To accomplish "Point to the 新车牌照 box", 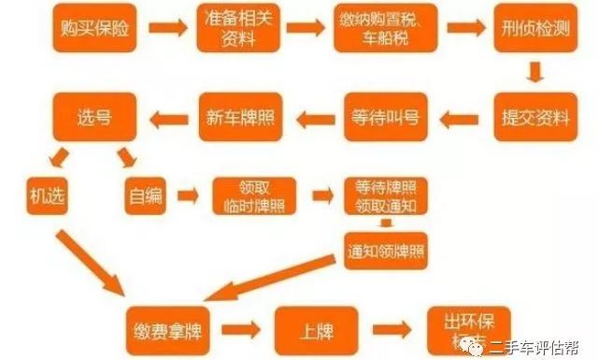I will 239,118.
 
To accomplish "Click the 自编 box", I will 144,195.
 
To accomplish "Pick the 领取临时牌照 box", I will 253,195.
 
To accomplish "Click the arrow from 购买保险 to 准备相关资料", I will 169,34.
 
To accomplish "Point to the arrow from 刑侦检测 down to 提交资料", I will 534,75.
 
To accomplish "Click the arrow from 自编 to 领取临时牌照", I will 189,196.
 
